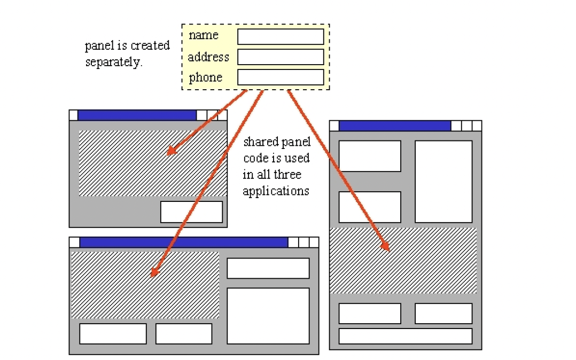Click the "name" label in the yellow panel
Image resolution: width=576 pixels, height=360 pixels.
[x=204, y=36]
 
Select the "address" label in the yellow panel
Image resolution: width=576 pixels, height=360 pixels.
[x=208, y=57]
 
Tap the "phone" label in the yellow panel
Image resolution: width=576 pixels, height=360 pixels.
[x=205, y=78]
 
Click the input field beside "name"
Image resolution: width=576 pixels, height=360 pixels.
[x=281, y=37]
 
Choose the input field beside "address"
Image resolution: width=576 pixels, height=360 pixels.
[x=281, y=57]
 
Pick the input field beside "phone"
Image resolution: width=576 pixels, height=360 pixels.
[x=281, y=77]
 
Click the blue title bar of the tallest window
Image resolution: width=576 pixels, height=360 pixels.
[x=394, y=126]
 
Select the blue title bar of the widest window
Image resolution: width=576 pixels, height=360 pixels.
[x=183, y=242]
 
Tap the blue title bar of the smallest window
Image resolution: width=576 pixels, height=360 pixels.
[x=137, y=115]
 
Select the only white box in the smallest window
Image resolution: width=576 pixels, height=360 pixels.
[x=191, y=212]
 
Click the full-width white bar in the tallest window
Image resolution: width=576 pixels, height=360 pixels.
[x=405, y=336]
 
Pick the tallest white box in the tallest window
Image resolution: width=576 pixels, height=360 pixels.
[x=443, y=182]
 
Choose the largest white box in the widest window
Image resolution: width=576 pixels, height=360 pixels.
[x=268, y=316]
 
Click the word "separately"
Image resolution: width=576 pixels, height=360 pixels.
[x=113, y=62]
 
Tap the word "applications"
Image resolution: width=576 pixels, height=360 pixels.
[x=276, y=191]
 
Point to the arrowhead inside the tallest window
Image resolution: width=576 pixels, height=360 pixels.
[x=386, y=247]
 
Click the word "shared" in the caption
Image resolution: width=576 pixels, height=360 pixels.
[x=260, y=143]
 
